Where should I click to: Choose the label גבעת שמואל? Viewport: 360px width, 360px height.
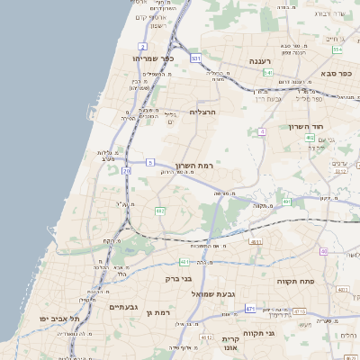212,294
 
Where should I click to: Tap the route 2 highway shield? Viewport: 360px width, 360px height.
142,45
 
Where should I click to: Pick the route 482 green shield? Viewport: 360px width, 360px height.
160,211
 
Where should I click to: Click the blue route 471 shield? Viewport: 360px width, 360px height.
250,310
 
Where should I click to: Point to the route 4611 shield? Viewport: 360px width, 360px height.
256,242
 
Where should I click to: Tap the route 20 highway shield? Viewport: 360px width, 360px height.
127,170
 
